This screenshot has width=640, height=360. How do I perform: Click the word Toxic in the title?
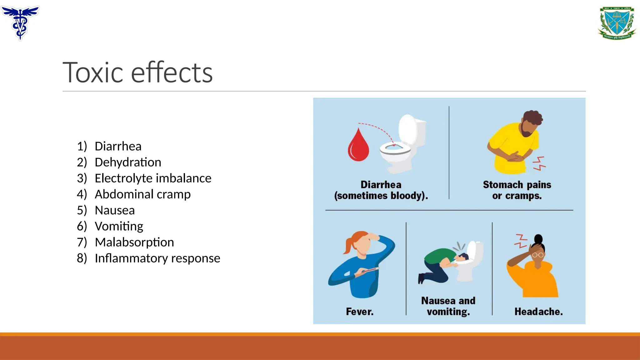[93, 72]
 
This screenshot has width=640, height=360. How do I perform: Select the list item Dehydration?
[128, 162]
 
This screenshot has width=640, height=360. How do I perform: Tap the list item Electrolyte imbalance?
[153, 178]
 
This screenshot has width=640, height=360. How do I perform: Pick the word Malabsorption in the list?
[134, 242]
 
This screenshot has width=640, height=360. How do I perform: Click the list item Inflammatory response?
[157, 258]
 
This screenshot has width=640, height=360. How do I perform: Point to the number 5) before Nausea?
[82, 210]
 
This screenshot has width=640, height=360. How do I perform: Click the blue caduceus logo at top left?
[20, 22]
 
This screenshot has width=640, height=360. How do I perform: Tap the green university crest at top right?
[617, 23]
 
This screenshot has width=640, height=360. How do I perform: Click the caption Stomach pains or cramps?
[517, 190]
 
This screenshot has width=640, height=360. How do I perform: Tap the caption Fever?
[360, 312]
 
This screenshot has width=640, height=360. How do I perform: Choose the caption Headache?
[538, 312]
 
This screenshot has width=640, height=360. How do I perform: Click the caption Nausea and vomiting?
[448, 306]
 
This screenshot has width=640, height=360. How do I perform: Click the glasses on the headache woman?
[538, 255]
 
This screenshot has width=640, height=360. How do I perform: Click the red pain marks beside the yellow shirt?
[539, 163]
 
